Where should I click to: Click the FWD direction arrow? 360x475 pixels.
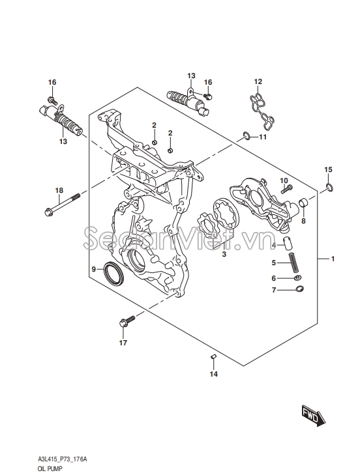pos(313,415)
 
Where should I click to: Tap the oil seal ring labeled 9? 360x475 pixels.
pos(114,273)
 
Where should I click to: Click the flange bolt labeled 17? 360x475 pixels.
pos(127,321)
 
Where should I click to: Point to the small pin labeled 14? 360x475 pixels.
pos(213,356)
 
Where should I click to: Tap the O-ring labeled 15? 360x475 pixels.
pos(329,188)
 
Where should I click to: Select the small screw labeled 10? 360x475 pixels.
pos(287,189)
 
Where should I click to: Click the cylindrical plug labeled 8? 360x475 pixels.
pos(303,201)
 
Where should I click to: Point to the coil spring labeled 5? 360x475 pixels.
pos(293,261)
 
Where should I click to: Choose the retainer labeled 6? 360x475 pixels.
pos(298,278)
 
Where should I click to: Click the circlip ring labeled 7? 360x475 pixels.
pos(299,289)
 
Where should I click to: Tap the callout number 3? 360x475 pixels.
pos(224,254)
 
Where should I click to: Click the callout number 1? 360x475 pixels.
pos(333,259)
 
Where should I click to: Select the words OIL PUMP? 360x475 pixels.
pos(50,468)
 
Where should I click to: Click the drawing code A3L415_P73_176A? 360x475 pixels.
pos(62,459)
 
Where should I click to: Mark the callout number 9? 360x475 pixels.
pos(93,269)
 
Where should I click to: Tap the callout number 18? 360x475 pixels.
pos(59,190)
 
